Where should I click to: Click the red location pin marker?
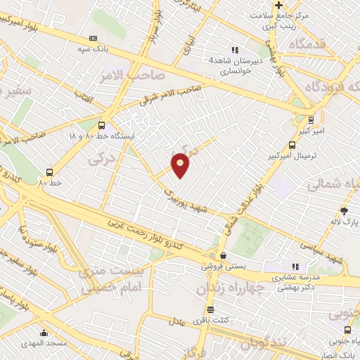tap(181, 166)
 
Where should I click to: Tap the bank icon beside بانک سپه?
tap(94, 39)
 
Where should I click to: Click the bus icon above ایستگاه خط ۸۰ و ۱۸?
tap(103, 121)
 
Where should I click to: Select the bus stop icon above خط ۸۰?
tap(50, 172)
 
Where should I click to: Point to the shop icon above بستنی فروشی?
tap(223, 256)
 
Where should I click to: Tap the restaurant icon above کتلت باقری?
tap(210, 310)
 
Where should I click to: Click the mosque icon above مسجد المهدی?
tap(44, 333)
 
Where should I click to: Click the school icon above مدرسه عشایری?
tap(296, 266)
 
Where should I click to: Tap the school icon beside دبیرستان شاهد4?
tap(235, 50)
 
